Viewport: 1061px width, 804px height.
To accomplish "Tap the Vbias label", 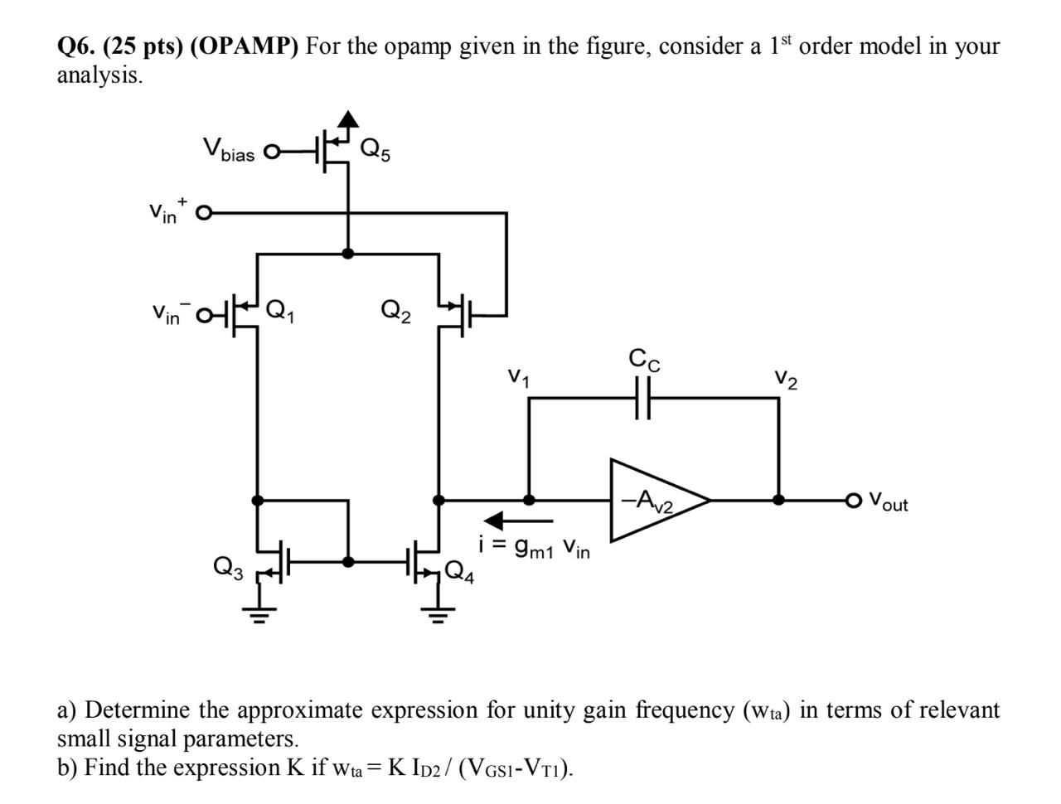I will tap(229, 150).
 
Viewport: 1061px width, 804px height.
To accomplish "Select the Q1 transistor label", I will tap(279, 312).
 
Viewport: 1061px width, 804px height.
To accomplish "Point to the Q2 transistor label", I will tap(395, 312).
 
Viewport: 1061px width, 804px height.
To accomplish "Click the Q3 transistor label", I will tap(228, 567).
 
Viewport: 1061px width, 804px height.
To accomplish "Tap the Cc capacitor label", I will tap(644, 361).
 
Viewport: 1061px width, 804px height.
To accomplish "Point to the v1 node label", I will tap(519, 378).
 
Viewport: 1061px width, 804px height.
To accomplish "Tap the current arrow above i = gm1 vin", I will tap(518, 521).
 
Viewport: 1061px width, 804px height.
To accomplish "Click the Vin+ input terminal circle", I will tap(201, 212).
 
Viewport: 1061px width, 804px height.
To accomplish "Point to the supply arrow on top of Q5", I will tap(349, 120).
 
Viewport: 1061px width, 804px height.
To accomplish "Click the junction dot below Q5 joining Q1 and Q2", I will tap(348, 254).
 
